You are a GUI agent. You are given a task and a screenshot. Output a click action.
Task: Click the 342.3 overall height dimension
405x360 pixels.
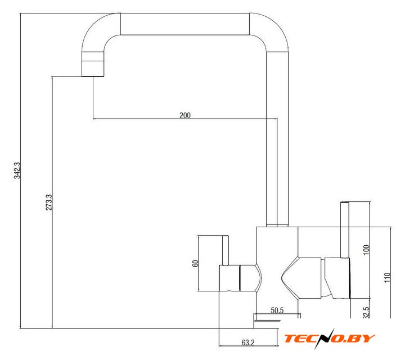pyautogui.click(x=17, y=170)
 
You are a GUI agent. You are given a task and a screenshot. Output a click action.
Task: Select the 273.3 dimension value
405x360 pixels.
pyautogui.click(x=49, y=202)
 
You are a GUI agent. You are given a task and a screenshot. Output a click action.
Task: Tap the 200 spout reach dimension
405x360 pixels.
pyautogui.click(x=185, y=115)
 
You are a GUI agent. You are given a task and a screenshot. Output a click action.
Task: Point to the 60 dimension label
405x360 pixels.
pyautogui.click(x=195, y=263)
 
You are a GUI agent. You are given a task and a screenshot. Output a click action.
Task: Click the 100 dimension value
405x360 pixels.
pyautogui.click(x=366, y=250)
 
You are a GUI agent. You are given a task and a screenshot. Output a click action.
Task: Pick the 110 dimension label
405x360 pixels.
pyautogui.click(x=387, y=277)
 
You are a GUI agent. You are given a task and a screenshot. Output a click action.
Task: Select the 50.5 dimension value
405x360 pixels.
pyautogui.click(x=277, y=310)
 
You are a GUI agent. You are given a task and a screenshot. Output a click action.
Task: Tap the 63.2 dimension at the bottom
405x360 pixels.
pyautogui.click(x=248, y=343)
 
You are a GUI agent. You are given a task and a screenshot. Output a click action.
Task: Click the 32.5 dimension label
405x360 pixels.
pyautogui.click(x=366, y=312)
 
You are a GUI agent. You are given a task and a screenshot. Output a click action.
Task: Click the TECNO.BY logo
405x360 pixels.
pyautogui.click(x=329, y=338)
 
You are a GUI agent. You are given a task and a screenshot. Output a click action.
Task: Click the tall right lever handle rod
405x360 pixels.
pyautogui.click(x=345, y=230)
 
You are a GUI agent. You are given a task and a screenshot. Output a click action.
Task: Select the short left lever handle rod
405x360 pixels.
pyautogui.click(x=226, y=250)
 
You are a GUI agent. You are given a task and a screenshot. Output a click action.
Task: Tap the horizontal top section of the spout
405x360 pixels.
pyautogui.click(x=185, y=24)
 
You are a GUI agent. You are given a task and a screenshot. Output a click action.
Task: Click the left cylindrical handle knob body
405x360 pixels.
pyautogui.click(x=229, y=278)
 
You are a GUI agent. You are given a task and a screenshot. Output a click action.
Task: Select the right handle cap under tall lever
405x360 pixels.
pyautogui.click(x=337, y=278)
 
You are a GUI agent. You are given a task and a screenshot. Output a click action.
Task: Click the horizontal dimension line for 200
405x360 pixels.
pyautogui.click(x=185, y=119)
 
